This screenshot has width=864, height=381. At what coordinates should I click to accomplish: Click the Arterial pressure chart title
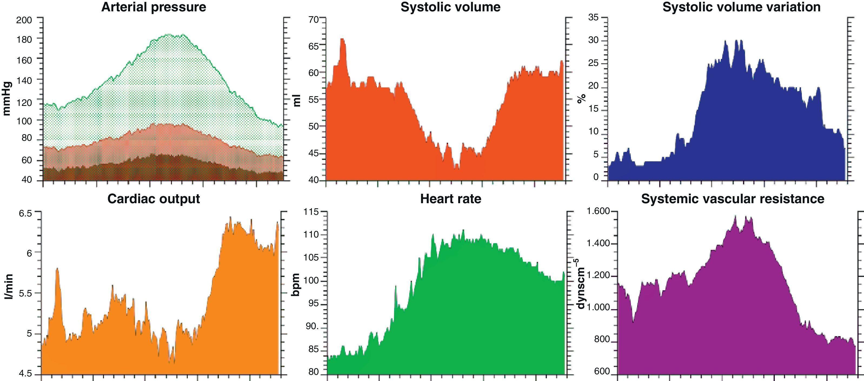coord(154,7)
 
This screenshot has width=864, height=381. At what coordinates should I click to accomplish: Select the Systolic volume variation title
coord(742,7)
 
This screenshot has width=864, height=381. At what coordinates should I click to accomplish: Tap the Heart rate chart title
coord(450,199)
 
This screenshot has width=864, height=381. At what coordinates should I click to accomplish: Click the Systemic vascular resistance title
coord(733,199)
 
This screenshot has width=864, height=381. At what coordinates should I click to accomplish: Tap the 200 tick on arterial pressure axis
coord(24,20)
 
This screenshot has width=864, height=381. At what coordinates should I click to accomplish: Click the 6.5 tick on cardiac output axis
coord(25,214)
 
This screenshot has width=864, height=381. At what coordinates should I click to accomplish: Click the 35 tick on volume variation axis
coord(593,18)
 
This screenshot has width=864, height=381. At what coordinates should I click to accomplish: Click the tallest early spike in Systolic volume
coord(343,39)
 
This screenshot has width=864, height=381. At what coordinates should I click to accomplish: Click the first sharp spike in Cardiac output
coord(57,269)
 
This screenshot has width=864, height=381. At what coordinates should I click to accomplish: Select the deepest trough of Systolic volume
coord(457,169)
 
